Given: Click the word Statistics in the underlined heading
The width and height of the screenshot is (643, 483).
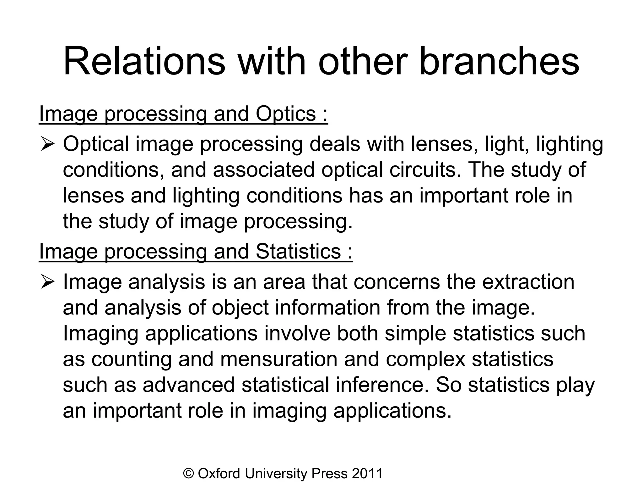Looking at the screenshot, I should click(x=298, y=252).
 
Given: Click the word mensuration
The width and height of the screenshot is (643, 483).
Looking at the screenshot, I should click(x=278, y=359).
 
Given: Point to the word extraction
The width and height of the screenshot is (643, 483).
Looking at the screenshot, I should click(x=528, y=282).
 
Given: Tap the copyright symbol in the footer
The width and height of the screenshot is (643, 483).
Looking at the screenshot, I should click(x=188, y=474).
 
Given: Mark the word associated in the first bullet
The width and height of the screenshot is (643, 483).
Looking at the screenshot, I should click(x=263, y=170).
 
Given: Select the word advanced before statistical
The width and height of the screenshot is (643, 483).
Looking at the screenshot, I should click(x=189, y=385).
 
